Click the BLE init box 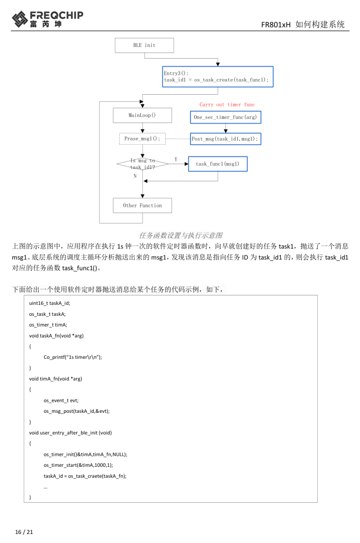click(x=144, y=45)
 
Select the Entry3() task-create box click(x=217, y=77)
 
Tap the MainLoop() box click(x=142, y=116)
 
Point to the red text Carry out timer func click(x=227, y=105)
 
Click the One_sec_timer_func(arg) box click(x=226, y=116)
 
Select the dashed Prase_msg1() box click(x=142, y=139)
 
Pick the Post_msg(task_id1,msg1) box click(x=225, y=139)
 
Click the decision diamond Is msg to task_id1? click(x=142, y=164)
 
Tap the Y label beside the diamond click(x=176, y=160)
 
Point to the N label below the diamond click(x=135, y=176)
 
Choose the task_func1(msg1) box click(x=217, y=164)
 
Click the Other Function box click(x=142, y=205)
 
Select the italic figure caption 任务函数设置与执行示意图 click(x=180, y=235)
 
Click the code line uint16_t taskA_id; click(x=50, y=303)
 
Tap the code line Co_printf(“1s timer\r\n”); click(x=72, y=357)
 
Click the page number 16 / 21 click(x=24, y=532)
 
